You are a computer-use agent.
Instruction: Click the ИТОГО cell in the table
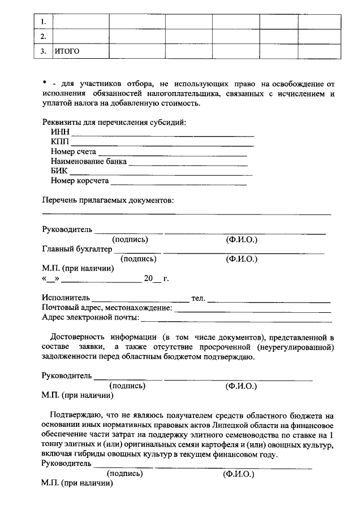click(x=67, y=51)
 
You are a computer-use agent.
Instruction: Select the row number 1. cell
click(x=43, y=21)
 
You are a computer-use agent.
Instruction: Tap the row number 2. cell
click(x=43, y=37)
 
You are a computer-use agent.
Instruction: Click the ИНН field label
click(x=59, y=132)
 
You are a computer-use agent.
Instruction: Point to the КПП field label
click(x=59, y=142)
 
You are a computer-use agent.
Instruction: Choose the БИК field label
click(x=59, y=171)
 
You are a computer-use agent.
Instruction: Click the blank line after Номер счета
click(x=173, y=154)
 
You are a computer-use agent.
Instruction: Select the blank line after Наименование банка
click(x=188, y=164)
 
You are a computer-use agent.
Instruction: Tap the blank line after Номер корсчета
click(x=179, y=184)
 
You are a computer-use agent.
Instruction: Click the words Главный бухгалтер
click(x=77, y=249)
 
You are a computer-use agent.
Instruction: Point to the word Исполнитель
click(x=66, y=298)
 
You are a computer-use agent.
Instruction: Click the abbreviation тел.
click(x=198, y=298)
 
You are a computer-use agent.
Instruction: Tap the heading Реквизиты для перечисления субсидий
click(x=114, y=122)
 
